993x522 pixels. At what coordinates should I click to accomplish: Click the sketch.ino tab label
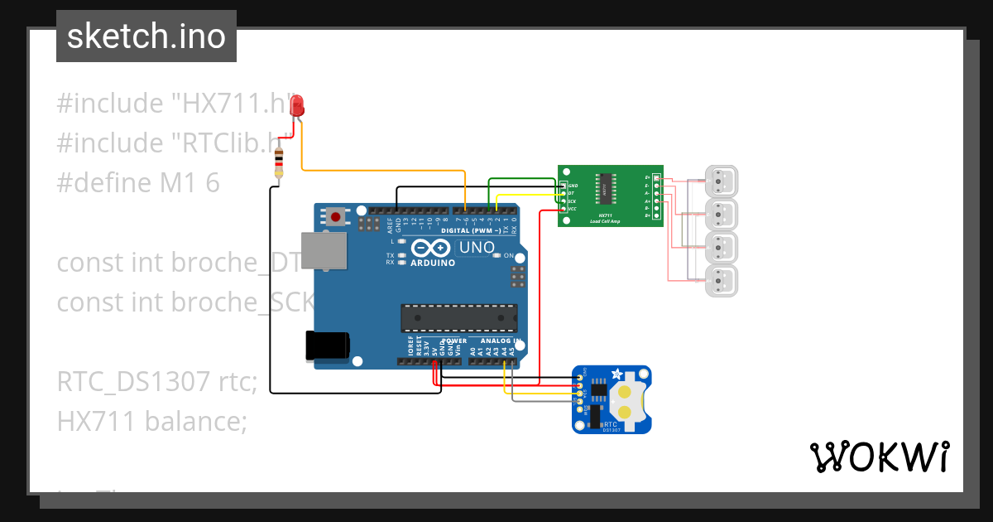click(x=146, y=36)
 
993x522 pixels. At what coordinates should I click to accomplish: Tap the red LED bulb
click(x=298, y=105)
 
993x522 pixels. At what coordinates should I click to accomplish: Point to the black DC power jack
click(x=327, y=346)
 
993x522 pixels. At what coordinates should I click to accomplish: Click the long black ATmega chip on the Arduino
click(x=458, y=317)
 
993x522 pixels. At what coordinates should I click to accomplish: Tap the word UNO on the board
click(x=476, y=247)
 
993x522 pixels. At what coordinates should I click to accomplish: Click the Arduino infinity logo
click(x=430, y=248)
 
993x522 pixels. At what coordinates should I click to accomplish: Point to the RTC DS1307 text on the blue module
click(x=612, y=426)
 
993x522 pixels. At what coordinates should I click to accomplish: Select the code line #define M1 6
click(x=138, y=183)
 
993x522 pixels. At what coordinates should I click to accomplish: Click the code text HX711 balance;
click(x=152, y=422)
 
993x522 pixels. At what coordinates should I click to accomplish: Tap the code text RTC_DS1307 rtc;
click(x=157, y=382)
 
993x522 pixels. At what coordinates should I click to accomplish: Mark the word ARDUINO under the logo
click(x=433, y=263)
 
